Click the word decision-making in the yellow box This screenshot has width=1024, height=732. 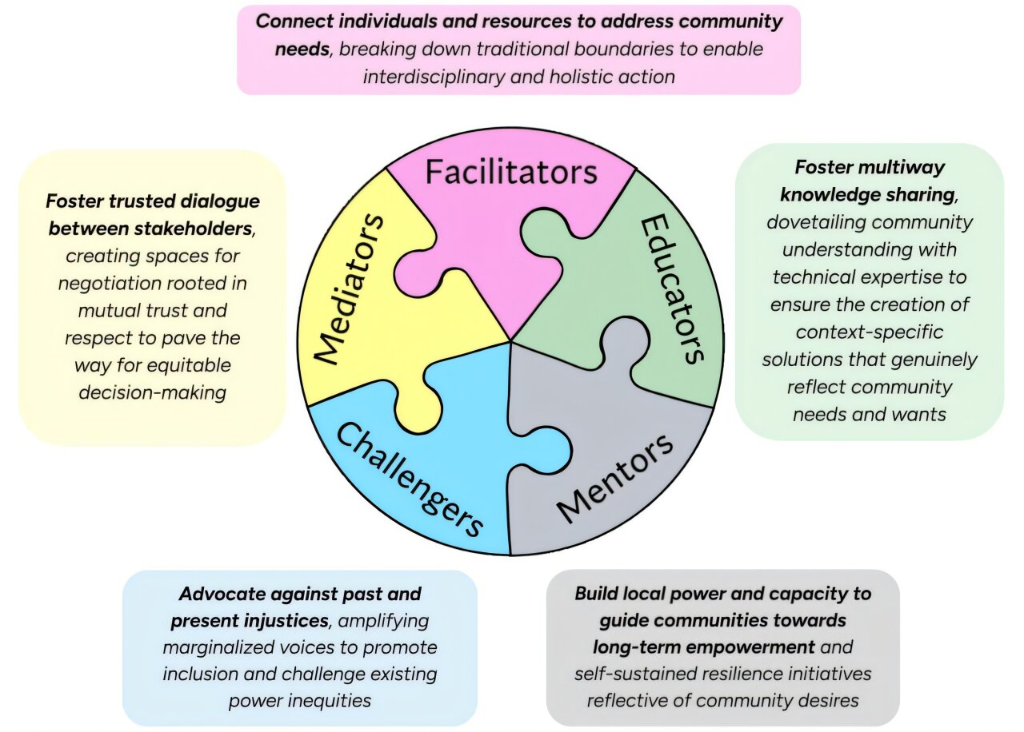[152, 392]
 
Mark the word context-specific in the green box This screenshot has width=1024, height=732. [869, 331]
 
